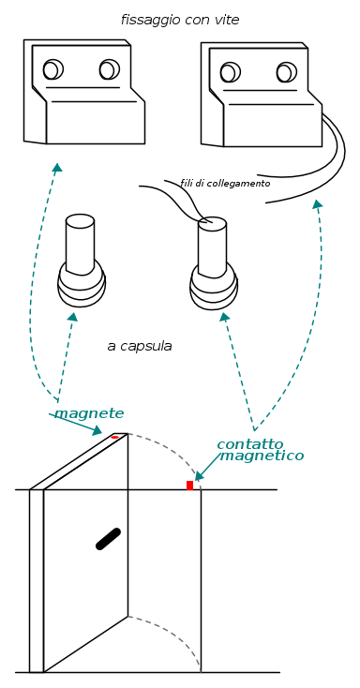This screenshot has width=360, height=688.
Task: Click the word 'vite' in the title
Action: pyautogui.click(x=228, y=20)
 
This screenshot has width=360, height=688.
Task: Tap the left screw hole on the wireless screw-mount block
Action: pyautogui.click(x=53, y=69)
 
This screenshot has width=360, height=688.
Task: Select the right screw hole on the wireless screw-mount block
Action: pyautogui.click(x=110, y=69)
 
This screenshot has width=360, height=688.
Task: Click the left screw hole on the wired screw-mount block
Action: pyautogui.click(x=231, y=72)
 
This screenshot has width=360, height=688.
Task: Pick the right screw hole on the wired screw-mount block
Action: pyautogui.click(x=287, y=72)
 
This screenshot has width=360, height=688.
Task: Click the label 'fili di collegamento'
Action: pyautogui.click(x=225, y=184)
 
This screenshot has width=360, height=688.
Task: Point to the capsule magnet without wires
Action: pyautogui.click(x=82, y=261)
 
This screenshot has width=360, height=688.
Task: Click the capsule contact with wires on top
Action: pyautogui.click(x=214, y=263)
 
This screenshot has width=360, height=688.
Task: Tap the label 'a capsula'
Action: pyautogui.click(x=140, y=346)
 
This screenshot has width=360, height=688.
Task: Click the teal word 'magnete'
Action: pyautogui.click(x=89, y=413)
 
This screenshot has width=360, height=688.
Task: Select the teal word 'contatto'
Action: pyautogui.click(x=250, y=444)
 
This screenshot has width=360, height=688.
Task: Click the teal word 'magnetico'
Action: pyautogui.click(x=262, y=456)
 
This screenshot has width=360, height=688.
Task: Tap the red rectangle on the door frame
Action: pyautogui.click(x=189, y=486)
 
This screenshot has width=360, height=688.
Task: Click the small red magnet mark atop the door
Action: pyautogui.click(x=114, y=437)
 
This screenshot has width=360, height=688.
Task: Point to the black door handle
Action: pyautogui.click(x=108, y=539)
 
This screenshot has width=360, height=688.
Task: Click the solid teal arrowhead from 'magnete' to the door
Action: pyautogui.click(x=97, y=430)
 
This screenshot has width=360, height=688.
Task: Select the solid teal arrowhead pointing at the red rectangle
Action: pyautogui.click(x=199, y=475)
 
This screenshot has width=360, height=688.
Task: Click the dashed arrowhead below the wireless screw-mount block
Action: pyautogui.click(x=57, y=167)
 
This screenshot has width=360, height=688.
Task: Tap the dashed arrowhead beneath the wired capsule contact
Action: pyautogui.click(x=224, y=317)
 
